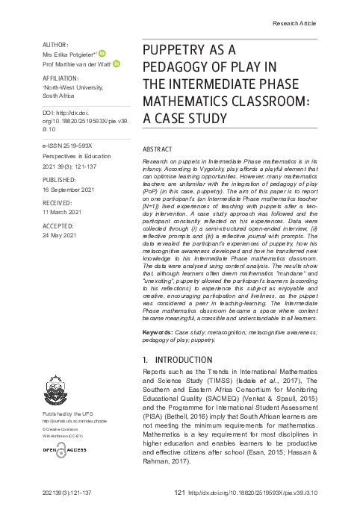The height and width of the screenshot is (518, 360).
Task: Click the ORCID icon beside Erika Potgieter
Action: pos(102,54)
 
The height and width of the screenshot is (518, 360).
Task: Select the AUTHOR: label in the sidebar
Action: pos(56,45)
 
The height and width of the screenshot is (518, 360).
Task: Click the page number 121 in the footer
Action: pos(179,493)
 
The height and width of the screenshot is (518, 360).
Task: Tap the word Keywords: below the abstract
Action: pos(159,331)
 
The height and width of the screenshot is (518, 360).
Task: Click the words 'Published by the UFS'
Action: pos(69,413)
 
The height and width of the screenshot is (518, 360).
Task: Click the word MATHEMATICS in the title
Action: pos(187,102)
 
